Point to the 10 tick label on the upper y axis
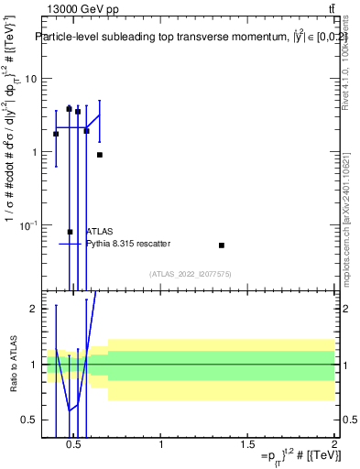coord(29,79)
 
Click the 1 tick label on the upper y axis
coord(33,152)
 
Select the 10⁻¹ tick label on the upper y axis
coord(27,225)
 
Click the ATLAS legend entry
coord(100,232)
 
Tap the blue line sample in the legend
coord(71,244)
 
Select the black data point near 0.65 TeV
coord(100,155)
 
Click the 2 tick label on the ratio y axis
coord(33,309)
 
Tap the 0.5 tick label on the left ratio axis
coord(29,420)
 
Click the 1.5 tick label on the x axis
coord(247,444)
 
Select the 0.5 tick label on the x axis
coord(74,444)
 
